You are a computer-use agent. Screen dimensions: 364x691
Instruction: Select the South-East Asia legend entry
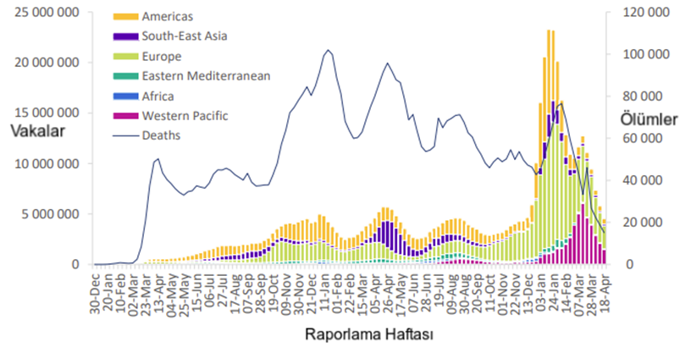185,36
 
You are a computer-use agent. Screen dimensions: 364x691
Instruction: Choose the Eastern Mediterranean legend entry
206,76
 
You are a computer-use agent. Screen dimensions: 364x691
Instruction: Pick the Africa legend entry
159,96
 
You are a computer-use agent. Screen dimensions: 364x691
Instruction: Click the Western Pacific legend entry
185,115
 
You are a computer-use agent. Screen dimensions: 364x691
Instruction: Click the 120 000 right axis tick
640,12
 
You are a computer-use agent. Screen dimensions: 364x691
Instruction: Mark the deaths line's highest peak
329,50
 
